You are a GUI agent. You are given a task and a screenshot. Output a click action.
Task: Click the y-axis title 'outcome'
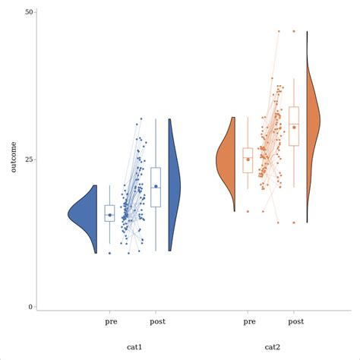point(14,156)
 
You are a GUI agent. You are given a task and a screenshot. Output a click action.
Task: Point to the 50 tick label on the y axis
point(28,12)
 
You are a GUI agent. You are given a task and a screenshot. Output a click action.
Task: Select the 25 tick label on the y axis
point(28,159)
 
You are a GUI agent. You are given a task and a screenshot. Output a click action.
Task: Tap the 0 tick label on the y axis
point(30,307)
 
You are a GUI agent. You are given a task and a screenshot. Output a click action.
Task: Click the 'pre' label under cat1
point(111,321)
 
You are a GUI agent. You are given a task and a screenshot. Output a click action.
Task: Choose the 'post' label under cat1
point(156,321)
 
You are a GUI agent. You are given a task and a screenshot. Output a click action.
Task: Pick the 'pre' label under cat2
point(249,321)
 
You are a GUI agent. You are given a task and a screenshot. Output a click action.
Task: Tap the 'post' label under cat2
point(295,321)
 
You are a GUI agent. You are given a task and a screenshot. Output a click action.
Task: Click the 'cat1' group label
point(134,347)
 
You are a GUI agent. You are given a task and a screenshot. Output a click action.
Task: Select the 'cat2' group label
point(272,347)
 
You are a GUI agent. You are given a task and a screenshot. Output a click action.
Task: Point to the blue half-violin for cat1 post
point(174,186)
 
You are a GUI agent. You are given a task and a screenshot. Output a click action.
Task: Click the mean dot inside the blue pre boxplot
point(109,215)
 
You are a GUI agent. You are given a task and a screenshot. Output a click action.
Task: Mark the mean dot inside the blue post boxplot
point(156,186)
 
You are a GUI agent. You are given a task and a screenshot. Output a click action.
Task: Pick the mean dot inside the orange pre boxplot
point(248,159)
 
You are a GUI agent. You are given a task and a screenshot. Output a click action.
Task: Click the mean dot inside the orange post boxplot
point(294,128)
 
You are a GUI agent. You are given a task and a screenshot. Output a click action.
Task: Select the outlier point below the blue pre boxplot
point(109,253)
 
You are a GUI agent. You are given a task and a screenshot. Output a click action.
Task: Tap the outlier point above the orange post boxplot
point(294,31)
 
